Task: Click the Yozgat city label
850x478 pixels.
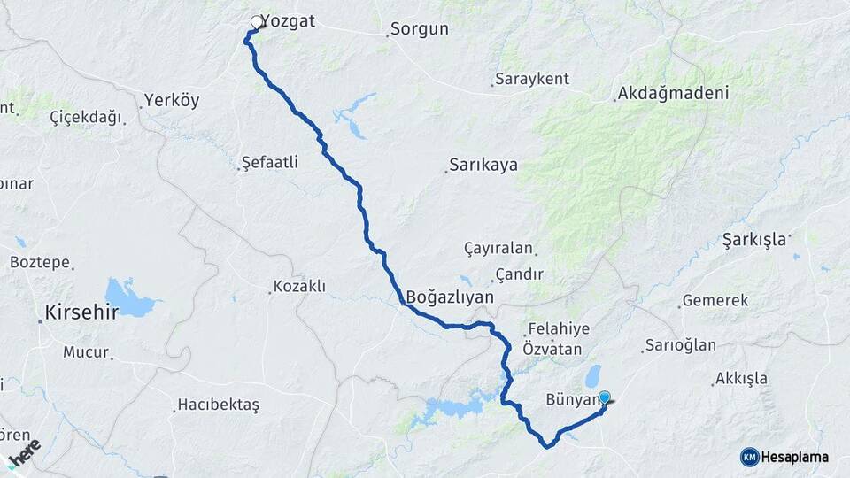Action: tap(289, 22)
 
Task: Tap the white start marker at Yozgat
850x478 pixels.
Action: tap(257, 22)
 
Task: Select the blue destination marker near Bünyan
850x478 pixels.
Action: tap(605, 398)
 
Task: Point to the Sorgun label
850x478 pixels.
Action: tap(420, 29)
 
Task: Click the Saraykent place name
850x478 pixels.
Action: tap(532, 79)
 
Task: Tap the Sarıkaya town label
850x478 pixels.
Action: tap(483, 165)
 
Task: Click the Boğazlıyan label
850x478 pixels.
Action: tap(450, 297)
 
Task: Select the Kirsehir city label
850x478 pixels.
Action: tap(81, 312)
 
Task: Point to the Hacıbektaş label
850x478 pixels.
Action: tap(218, 405)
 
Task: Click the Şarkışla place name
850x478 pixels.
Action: tap(754, 239)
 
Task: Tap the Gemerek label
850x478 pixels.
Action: tap(715, 301)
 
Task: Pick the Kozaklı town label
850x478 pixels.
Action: tap(300, 287)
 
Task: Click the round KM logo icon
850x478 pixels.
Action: tap(750, 457)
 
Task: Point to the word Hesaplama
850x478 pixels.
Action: tap(795, 457)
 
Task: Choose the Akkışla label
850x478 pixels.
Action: tap(742, 379)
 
